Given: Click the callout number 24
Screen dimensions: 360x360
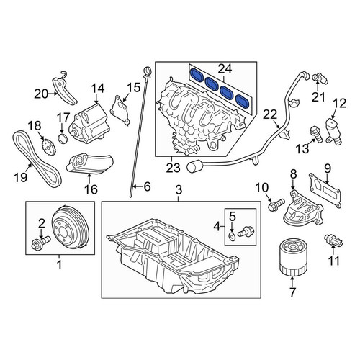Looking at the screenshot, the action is (225, 69).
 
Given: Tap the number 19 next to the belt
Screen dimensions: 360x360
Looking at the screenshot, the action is (21, 177).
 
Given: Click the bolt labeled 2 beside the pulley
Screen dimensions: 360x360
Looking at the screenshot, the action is (41, 243).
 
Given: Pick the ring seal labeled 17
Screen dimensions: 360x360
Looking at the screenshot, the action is (63, 139).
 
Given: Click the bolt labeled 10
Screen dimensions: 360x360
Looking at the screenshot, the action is (276, 204).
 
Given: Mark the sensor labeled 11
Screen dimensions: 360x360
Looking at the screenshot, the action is (334, 240).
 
